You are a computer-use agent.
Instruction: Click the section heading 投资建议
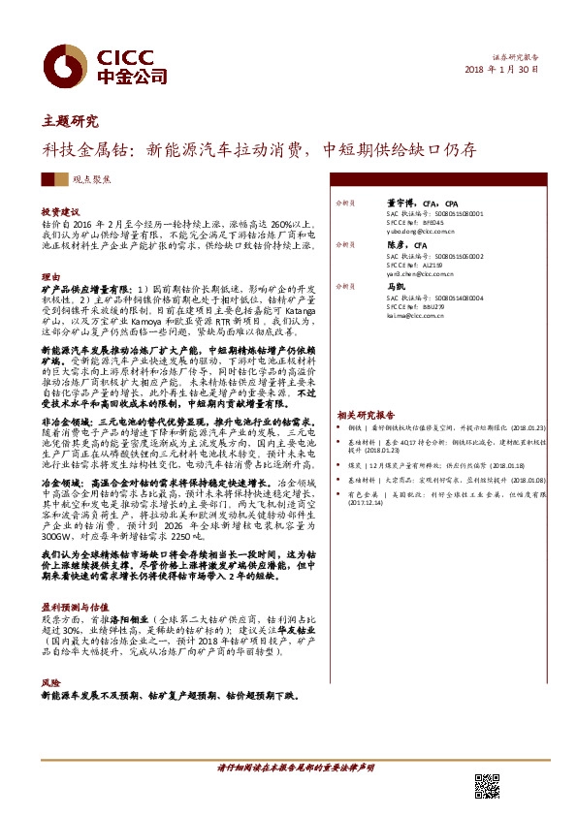coord(60,211)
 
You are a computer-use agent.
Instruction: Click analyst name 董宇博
coord(389,203)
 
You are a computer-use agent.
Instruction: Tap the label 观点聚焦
coord(90,180)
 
